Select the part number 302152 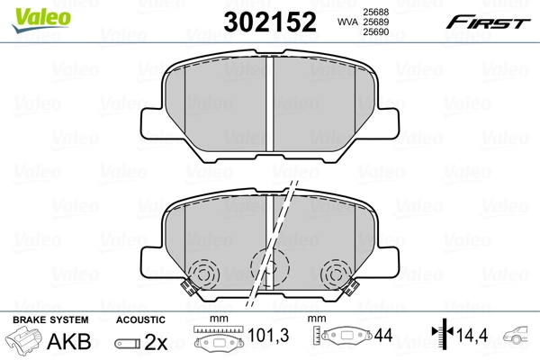(269, 21)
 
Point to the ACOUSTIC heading (139, 319)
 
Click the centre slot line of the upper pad (270, 106)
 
